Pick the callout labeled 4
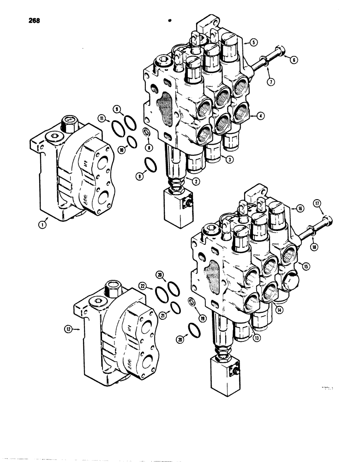(261, 116)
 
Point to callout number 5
(253, 42)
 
